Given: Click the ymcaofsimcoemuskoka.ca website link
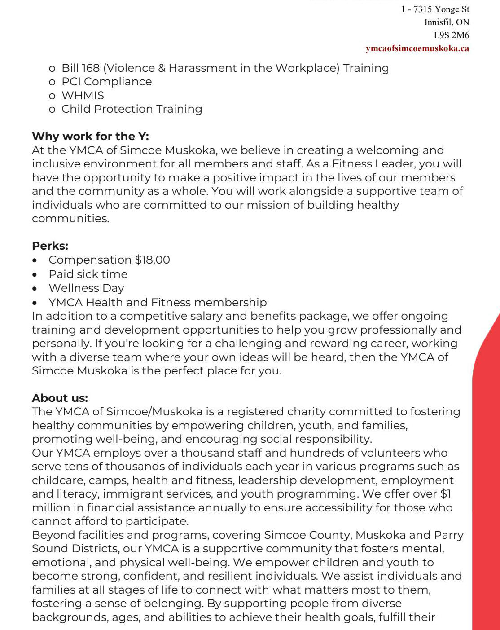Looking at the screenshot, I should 417,48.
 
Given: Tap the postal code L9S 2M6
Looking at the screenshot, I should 451,35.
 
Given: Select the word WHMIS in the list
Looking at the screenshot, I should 83,96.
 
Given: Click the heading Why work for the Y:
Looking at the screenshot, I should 90,137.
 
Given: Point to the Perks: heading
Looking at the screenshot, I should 50,246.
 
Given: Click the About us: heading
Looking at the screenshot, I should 60,398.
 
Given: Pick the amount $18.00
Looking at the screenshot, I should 153,260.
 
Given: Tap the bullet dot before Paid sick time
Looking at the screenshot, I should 35,274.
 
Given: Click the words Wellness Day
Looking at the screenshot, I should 86,288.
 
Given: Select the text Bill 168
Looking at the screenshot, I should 80,68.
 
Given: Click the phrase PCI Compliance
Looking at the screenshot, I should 106,82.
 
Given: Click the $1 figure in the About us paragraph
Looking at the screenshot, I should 445,494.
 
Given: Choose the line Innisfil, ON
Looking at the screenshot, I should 447,22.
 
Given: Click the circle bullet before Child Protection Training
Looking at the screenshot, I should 52,110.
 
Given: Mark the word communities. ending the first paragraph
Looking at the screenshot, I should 70,219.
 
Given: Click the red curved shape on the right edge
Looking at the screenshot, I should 487,449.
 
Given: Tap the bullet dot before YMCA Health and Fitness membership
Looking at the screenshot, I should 35,303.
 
